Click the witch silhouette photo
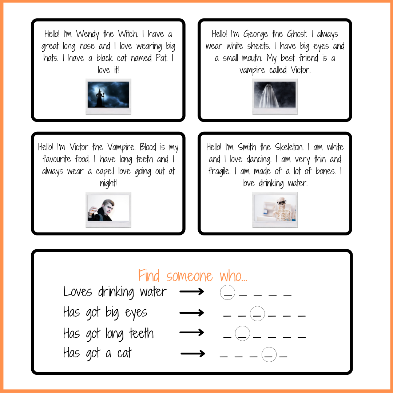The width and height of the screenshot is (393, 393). click(108, 95)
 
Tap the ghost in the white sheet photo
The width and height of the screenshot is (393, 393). click(275, 95)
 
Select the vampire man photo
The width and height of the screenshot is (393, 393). click(108, 208)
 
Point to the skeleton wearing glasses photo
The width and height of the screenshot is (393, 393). click(275, 208)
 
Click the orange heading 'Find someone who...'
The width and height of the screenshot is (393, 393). click(192, 276)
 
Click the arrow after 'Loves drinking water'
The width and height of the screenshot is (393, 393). click(192, 291)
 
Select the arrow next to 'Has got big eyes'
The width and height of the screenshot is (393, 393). click(192, 313)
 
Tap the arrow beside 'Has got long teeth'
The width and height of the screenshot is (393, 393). click(192, 333)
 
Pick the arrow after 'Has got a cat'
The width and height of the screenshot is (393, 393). click(193, 354)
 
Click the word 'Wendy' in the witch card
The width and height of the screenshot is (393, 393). click(87, 34)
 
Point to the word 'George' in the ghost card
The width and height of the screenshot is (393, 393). click(255, 34)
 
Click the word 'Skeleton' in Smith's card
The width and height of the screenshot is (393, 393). click(289, 147)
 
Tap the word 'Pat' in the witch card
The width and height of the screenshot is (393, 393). click(162, 58)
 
